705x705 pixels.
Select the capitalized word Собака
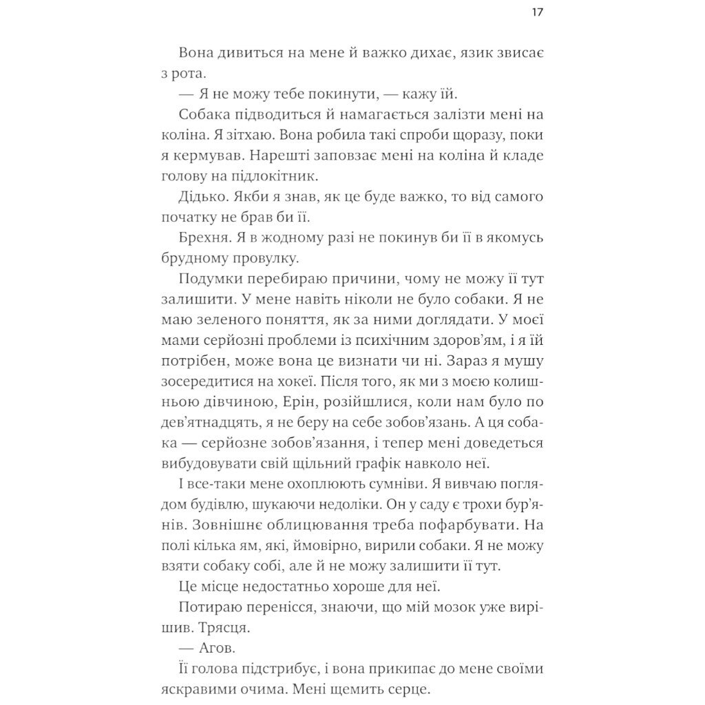204,115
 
